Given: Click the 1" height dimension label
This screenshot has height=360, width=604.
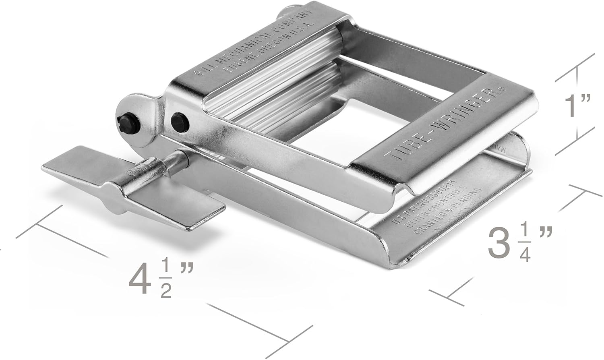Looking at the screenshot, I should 577,106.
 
